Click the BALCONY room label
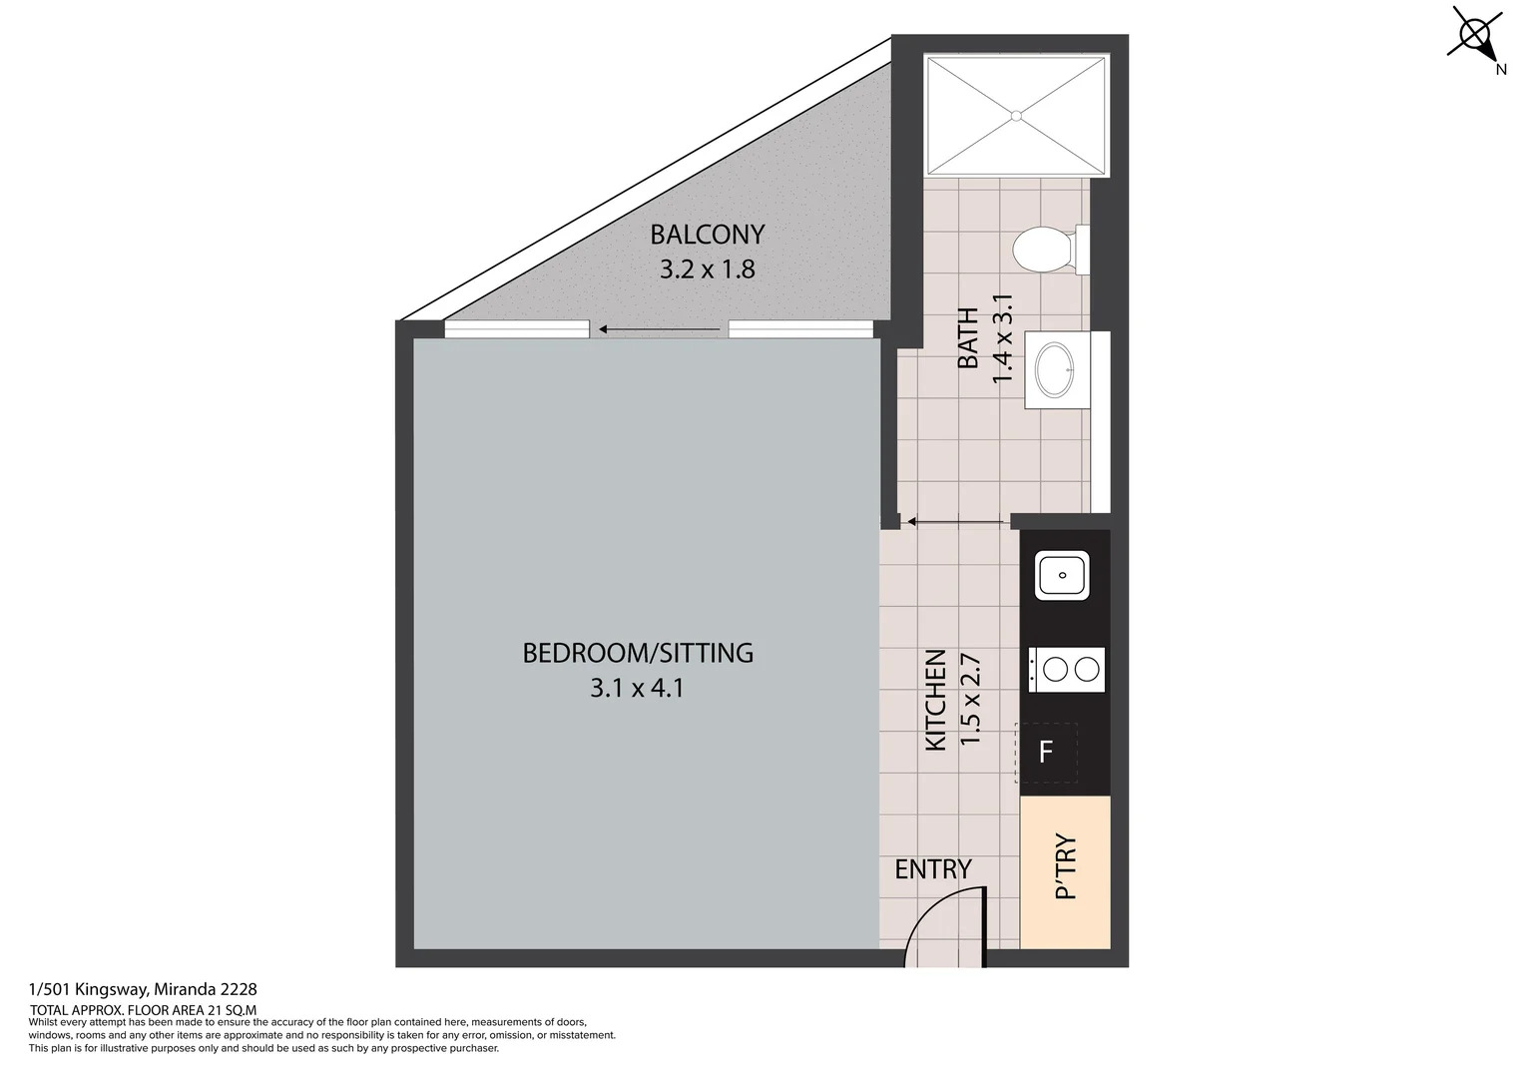[x=707, y=235]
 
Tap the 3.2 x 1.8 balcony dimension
[x=707, y=269]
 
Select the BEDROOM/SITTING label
[x=638, y=653]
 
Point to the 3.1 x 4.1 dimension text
[x=637, y=688]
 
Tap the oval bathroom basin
[x=1056, y=369]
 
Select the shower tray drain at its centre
[x=1017, y=116]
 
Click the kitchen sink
[x=1062, y=576]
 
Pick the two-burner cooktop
[x=1067, y=669]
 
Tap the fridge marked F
[x=1046, y=752]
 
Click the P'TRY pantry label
[x=1066, y=866]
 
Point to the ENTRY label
[x=932, y=869]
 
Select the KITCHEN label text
[x=936, y=700]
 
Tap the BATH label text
[x=968, y=338]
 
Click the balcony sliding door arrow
[x=659, y=329]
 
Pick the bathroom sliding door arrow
[x=953, y=520]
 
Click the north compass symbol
[x=1477, y=35]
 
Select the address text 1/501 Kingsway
[x=143, y=990]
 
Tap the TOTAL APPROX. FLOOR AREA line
[x=143, y=1010]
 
